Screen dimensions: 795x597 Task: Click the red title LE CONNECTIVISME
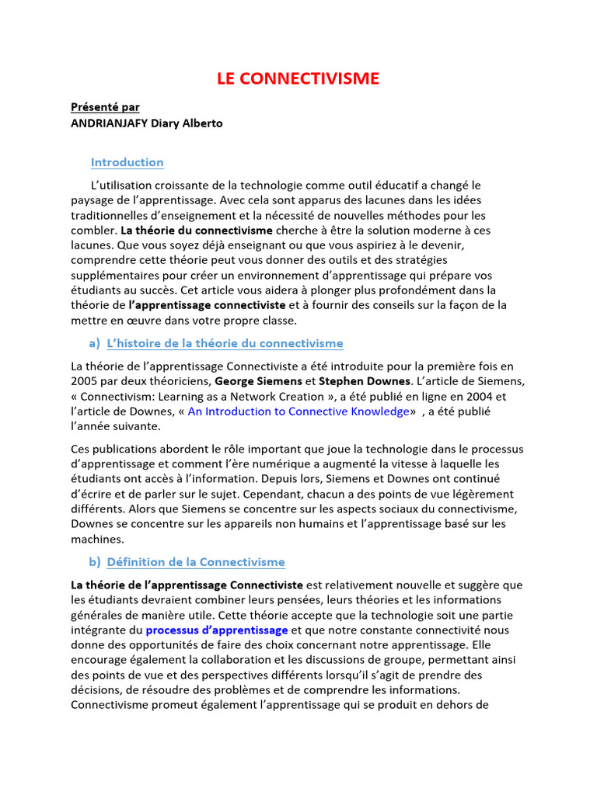click(297, 78)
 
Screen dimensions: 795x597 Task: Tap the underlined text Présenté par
click(105, 107)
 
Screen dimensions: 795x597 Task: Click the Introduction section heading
click(127, 162)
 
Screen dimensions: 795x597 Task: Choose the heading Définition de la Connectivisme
click(195, 562)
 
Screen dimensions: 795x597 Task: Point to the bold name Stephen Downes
click(363, 381)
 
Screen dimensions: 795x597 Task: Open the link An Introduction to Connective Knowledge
click(298, 411)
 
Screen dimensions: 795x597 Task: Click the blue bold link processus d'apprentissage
click(217, 630)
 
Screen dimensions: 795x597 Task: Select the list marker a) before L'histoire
click(94, 343)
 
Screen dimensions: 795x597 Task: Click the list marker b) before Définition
click(94, 562)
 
